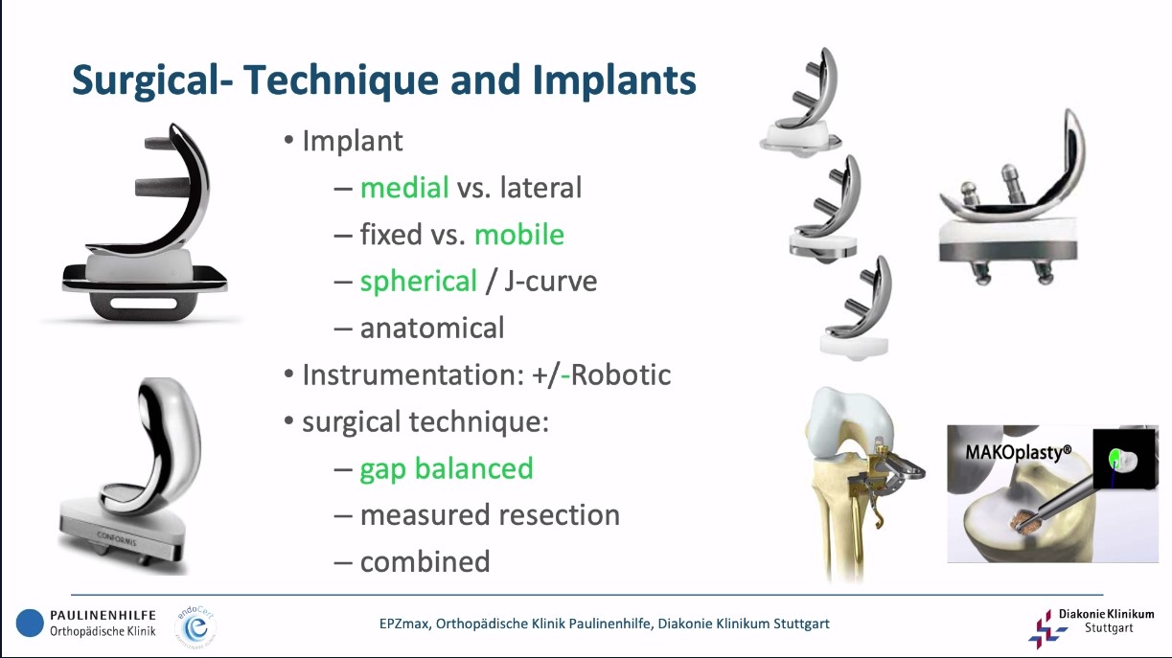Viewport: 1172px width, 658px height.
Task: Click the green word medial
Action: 404,188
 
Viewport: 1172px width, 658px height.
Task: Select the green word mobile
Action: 519,234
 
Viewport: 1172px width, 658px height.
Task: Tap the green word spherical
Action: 419,282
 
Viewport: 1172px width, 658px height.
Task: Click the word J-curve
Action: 550,281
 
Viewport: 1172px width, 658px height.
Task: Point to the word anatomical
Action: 432,328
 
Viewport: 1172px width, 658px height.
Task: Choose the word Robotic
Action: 621,374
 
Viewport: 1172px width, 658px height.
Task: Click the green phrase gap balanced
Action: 447,469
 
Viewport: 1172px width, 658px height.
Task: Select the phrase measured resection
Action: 491,514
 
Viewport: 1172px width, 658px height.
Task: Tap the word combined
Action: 425,562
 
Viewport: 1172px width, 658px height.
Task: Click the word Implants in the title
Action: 614,81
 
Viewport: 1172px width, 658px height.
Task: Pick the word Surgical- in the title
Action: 152,81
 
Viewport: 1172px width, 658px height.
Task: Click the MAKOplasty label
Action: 1018,452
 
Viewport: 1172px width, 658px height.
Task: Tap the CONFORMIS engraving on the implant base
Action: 116,537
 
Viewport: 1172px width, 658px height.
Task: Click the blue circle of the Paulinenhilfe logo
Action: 30,623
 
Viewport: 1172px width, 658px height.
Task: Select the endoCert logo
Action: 196,626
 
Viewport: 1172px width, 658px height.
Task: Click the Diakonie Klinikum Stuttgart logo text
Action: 1106,621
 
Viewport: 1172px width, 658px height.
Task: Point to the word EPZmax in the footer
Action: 403,624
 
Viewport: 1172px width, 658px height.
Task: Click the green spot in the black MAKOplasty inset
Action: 1115,459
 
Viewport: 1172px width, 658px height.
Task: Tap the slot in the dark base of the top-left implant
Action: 143,304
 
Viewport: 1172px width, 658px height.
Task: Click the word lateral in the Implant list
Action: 540,188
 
